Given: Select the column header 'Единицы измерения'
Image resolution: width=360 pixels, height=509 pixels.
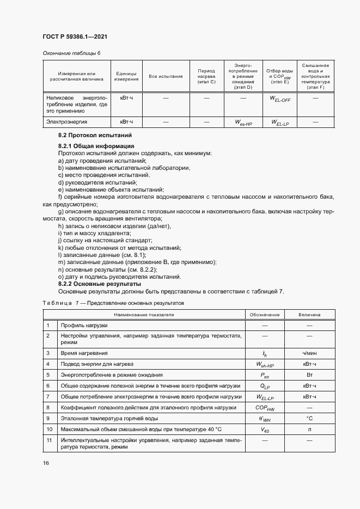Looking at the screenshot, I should pyautogui.click(x=126, y=76).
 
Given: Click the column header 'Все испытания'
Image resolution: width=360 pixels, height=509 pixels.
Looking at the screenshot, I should pyautogui.click(x=166, y=76).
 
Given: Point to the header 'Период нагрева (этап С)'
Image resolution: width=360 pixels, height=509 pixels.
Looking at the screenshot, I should pyautogui.click(x=206, y=76).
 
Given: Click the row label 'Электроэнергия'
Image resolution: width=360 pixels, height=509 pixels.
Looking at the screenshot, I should pyautogui.click(x=66, y=122).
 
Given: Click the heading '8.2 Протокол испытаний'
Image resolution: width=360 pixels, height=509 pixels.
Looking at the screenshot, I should pyautogui.click(x=95, y=135).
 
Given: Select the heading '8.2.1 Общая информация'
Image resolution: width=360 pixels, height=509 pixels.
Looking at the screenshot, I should pyautogui.click(x=96, y=146).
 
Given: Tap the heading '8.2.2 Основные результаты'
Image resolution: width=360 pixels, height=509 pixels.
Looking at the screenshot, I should pyautogui.click(x=100, y=284).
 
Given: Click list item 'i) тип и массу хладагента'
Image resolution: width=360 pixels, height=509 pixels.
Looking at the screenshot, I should pyautogui.click(x=94, y=233).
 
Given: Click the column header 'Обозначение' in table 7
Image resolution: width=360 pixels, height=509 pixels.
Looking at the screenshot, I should pyautogui.click(x=265, y=315).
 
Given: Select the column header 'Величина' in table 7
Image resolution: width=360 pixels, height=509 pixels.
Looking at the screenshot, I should pyautogui.click(x=309, y=315).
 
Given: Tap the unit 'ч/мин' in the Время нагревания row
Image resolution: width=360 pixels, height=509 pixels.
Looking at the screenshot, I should pyautogui.click(x=309, y=353).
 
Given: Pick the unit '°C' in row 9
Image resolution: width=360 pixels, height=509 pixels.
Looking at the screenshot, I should pyautogui.click(x=309, y=418).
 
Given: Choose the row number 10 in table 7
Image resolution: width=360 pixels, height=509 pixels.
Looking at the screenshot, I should pyautogui.click(x=48, y=429).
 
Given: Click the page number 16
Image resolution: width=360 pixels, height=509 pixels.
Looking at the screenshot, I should pyautogui.click(x=46, y=463).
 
